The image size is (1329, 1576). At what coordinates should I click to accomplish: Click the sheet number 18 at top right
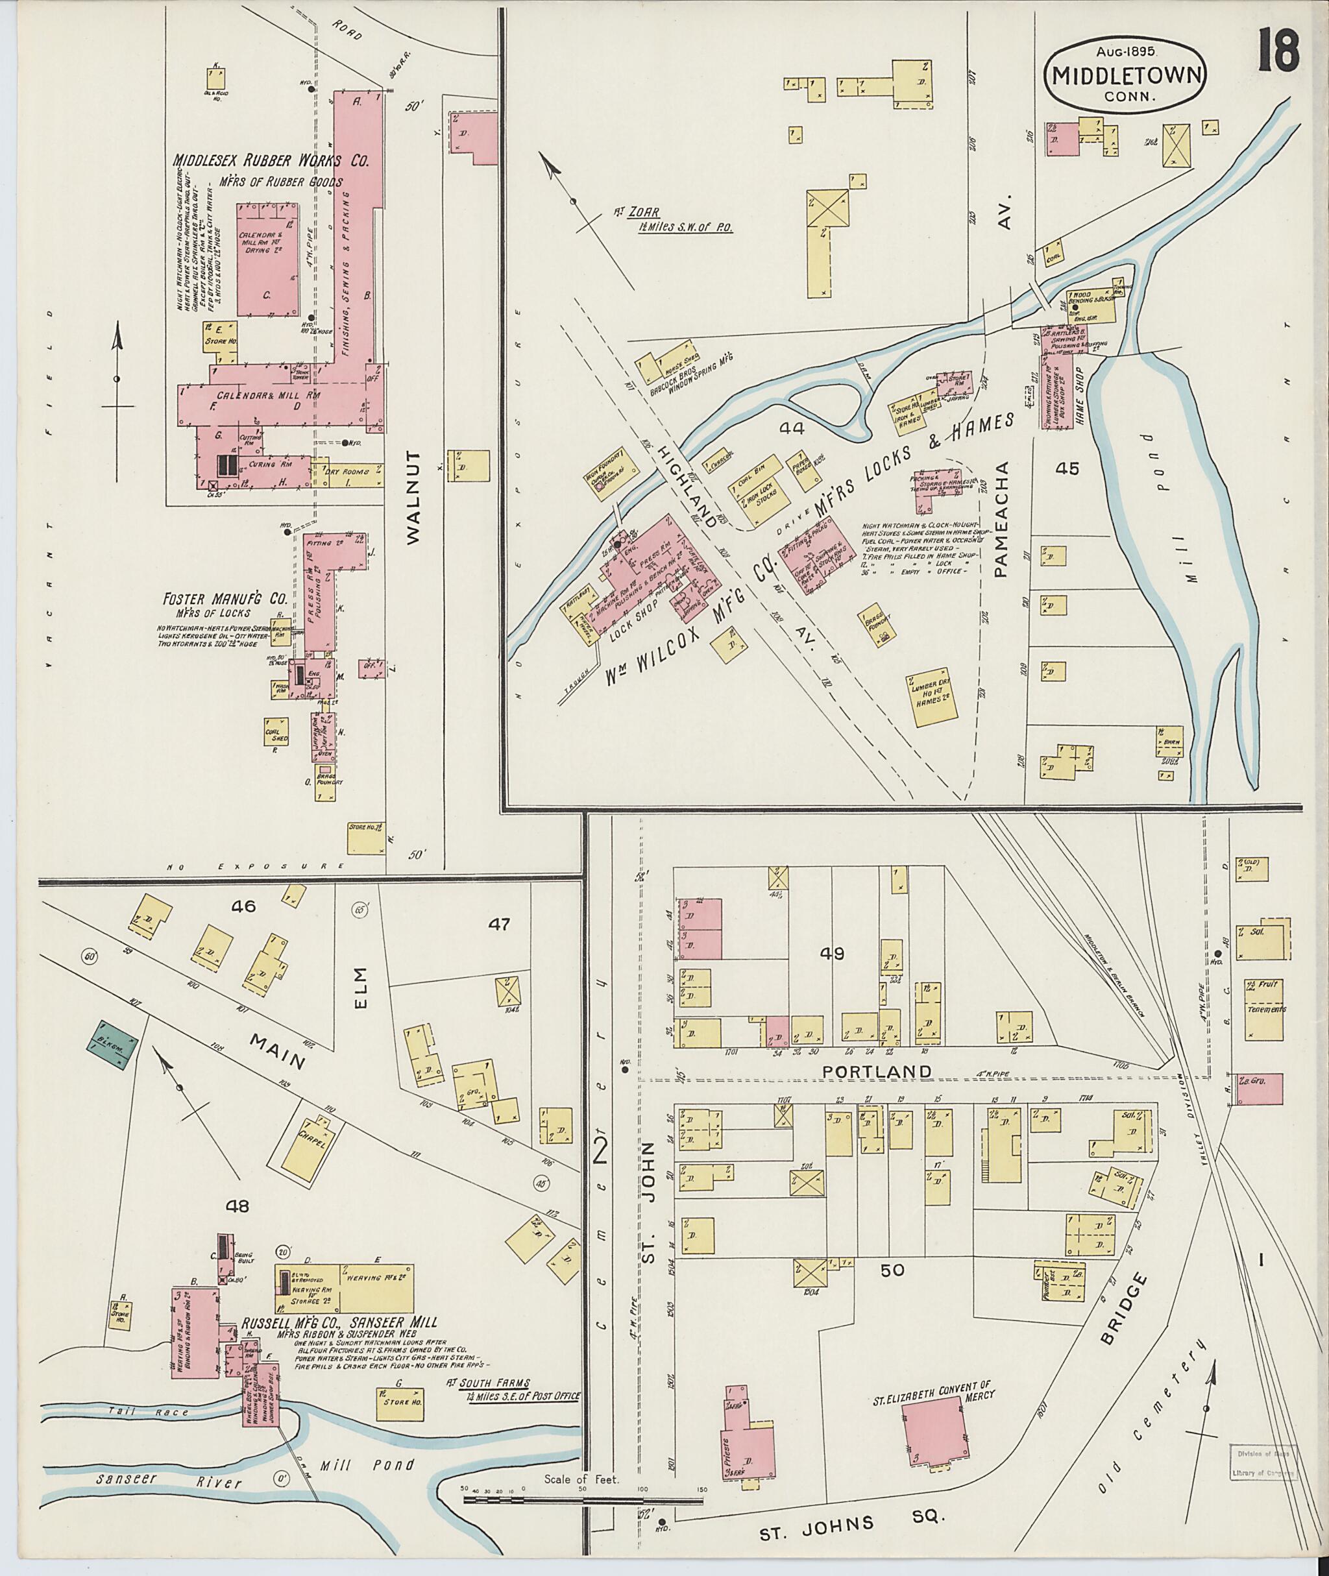1278,51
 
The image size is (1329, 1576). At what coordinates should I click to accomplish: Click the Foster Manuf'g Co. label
225,600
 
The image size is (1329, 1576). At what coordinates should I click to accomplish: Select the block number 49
833,954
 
